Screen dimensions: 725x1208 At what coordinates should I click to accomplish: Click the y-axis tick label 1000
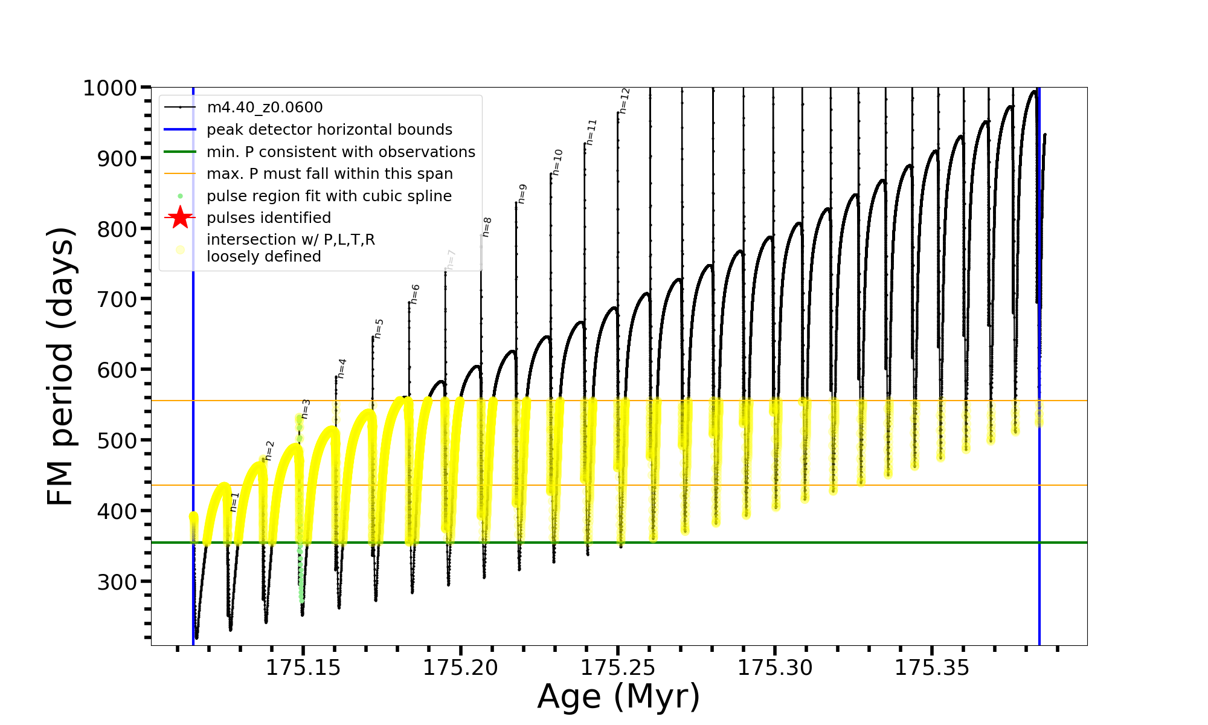click(110, 88)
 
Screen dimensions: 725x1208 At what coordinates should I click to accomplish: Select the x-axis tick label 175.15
click(303, 668)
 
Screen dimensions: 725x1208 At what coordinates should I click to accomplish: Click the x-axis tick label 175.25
click(618, 668)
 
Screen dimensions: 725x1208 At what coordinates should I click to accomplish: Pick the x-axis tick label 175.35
click(932, 668)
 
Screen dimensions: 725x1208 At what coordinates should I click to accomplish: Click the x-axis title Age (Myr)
click(618, 697)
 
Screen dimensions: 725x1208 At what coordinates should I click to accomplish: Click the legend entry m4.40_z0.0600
click(265, 108)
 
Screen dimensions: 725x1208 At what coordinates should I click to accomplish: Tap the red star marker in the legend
click(180, 217)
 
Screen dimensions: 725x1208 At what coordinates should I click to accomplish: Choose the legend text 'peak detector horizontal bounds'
click(329, 130)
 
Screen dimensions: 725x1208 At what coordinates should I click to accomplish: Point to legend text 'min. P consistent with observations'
click(341, 152)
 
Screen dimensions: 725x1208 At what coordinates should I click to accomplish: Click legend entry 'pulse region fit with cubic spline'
click(329, 196)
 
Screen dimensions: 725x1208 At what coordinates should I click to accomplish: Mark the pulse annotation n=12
click(625, 101)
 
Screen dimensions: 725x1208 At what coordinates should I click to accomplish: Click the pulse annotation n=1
click(234, 502)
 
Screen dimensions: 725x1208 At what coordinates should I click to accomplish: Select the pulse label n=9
click(522, 194)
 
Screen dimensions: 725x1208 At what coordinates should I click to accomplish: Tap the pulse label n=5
click(379, 329)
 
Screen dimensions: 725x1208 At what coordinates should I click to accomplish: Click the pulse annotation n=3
click(306, 408)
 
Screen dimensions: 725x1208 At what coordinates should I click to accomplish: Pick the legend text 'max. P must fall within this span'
click(330, 174)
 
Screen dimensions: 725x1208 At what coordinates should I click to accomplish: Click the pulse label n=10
click(557, 162)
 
